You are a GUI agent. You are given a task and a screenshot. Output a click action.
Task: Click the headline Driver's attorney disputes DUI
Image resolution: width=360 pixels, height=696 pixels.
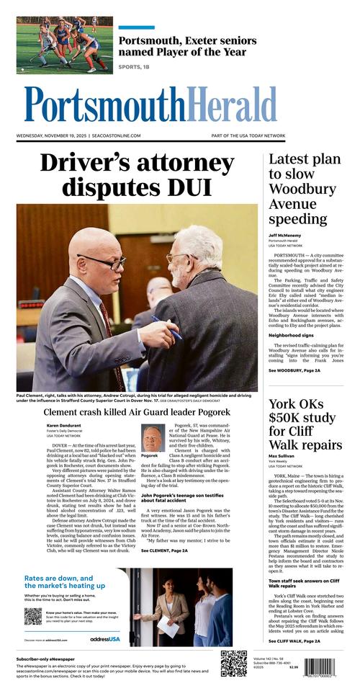tap(137, 174)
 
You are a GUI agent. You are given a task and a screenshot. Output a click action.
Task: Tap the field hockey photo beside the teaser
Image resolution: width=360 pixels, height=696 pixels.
tap(65, 45)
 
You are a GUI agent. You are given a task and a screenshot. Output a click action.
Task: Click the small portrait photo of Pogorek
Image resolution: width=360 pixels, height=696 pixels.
tap(152, 437)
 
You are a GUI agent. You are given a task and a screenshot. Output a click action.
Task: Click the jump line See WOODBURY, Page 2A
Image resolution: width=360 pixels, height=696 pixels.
tap(294, 370)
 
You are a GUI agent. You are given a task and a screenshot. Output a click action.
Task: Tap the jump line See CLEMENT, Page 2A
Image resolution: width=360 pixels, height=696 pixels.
tap(171, 550)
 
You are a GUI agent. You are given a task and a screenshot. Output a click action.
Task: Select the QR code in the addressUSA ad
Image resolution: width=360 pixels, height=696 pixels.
tap(32, 616)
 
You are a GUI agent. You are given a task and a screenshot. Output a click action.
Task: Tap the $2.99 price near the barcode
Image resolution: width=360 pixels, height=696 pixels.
tap(293, 667)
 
